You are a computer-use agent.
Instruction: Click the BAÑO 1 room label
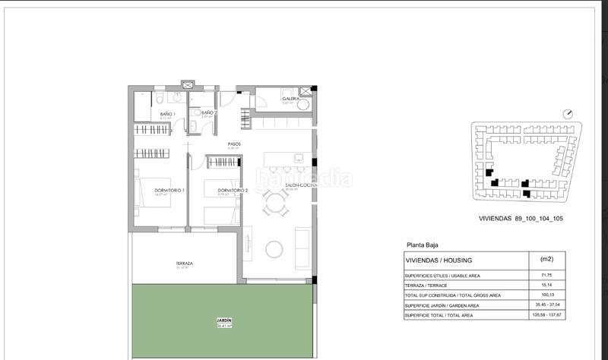168,115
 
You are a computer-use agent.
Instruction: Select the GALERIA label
290,99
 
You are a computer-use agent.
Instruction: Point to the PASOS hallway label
235,144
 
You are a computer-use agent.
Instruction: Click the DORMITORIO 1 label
169,190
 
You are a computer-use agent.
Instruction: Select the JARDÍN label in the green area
222,321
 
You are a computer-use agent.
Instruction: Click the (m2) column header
546,260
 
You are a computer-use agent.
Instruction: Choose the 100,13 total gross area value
546,295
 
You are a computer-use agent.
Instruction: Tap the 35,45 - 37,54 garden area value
546,305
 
